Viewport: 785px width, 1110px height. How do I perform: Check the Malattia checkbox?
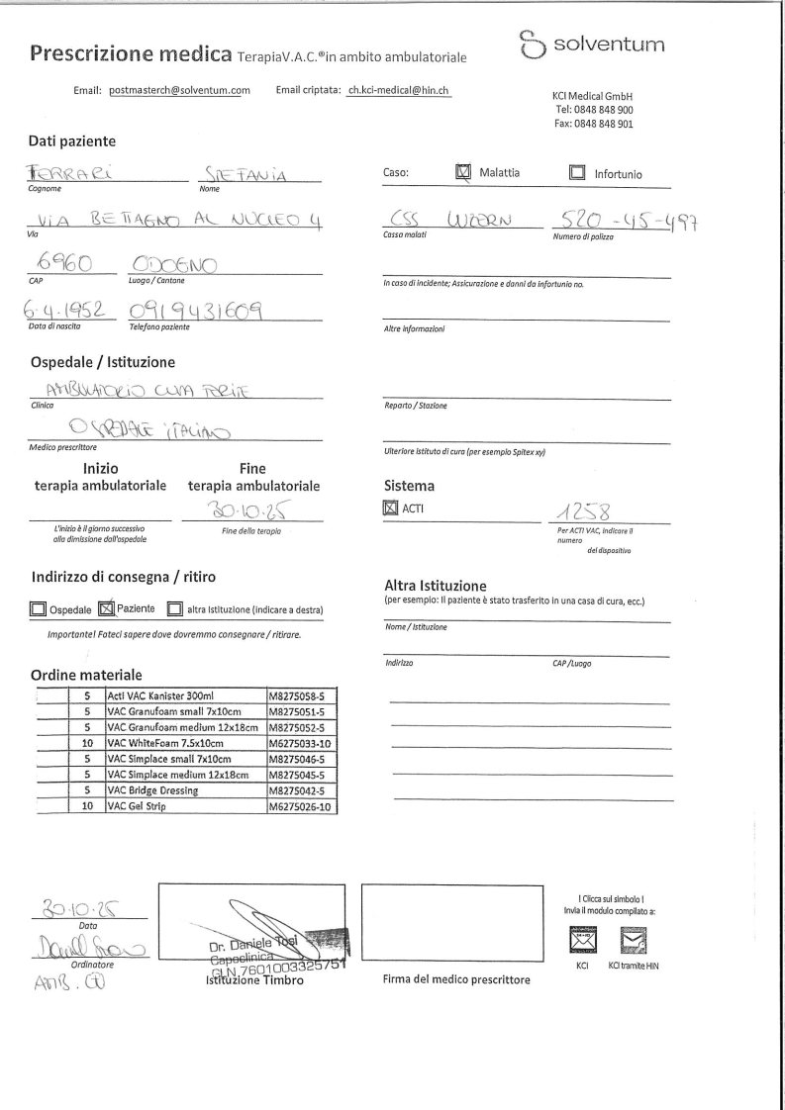463,172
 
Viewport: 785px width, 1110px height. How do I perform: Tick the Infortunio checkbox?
577,173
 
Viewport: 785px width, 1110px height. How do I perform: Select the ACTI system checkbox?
390,509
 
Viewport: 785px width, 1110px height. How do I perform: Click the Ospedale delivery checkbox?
38,609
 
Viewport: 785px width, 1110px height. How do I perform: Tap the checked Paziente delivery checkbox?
107,608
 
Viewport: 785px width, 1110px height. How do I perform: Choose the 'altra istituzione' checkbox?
174,609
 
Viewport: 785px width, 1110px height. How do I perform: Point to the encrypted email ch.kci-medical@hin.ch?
399,90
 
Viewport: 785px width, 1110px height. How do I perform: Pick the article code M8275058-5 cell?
301,696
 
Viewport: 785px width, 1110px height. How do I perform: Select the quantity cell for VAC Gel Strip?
87,806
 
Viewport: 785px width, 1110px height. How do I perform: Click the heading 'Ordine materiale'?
86,675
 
